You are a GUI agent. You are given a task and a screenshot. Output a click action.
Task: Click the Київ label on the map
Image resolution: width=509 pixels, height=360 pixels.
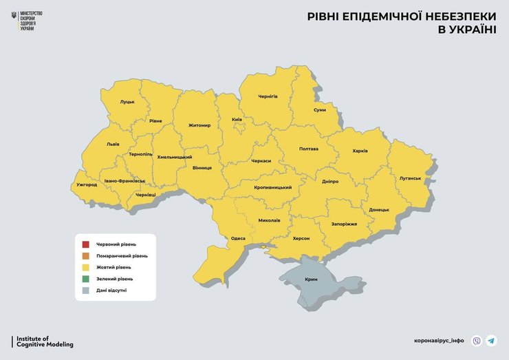[x=237, y=120]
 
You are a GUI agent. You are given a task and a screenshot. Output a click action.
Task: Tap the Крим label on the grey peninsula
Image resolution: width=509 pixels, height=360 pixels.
[x=311, y=281]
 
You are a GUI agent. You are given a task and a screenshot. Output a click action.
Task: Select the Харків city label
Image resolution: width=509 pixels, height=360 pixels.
[x=360, y=151]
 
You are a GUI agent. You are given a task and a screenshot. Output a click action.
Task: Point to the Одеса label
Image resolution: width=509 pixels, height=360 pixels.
[x=238, y=238]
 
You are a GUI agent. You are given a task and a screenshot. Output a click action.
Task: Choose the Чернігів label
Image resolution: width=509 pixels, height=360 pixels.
[x=268, y=96]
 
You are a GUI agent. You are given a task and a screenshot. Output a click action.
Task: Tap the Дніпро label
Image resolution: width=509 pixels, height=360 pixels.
[x=330, y=182]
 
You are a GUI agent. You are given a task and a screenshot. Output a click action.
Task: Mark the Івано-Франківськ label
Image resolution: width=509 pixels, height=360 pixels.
[x=125, y=181]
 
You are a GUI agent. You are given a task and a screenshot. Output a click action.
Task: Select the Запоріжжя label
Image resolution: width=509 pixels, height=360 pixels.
[x=344, y=224]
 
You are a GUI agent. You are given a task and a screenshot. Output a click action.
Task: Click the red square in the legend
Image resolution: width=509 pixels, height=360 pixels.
[x=85, y=244]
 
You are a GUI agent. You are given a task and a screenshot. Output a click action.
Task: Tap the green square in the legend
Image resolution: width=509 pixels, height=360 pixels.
[x=85, y=279]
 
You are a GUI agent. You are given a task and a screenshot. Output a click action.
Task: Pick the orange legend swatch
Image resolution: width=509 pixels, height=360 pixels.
[x=85, y=256]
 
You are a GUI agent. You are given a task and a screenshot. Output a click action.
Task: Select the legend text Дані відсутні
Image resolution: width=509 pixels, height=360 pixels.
[x=111, y=290]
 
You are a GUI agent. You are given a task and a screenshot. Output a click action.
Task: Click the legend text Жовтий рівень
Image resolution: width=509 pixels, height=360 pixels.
[x=113, y=267]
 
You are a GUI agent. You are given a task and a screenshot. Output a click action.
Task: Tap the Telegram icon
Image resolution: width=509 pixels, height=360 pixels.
[x=491, y=341]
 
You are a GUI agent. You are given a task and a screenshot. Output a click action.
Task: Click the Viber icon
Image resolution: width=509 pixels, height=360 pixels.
[x=477, y=341]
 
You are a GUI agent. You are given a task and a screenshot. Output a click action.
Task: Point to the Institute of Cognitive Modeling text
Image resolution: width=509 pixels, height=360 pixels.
[x=44, y=341]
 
